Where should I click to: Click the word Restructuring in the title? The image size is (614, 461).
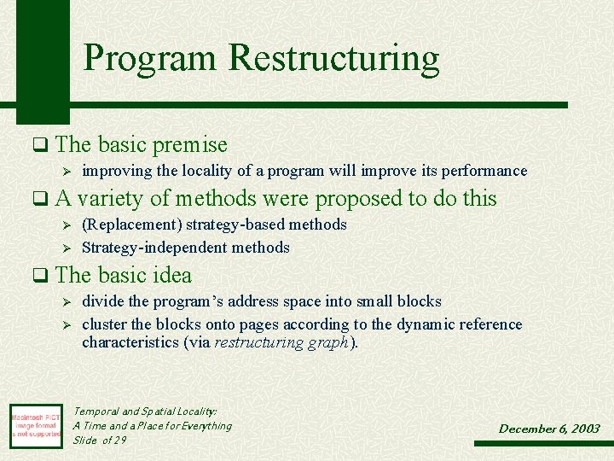coord(333,58)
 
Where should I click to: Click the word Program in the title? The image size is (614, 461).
coord(151,58)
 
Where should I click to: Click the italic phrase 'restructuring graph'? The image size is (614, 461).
coord(281,343)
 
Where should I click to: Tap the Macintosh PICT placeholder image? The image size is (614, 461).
coord(36,425)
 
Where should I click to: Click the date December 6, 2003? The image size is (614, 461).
coord(549,429)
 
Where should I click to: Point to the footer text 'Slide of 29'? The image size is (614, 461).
coord(100,440)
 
